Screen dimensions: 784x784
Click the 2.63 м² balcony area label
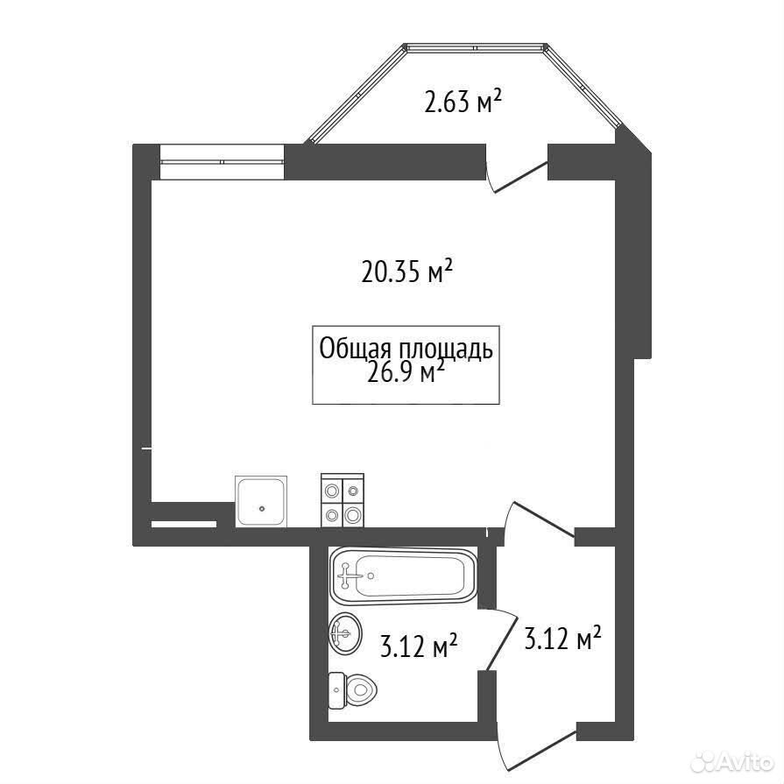tap(463, 101)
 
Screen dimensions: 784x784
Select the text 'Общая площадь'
tap(406, 349)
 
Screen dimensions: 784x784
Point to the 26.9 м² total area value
tap(406, 372)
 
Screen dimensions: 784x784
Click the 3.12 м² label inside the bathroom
tap(419, 646)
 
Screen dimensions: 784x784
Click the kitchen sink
tap(261, 501)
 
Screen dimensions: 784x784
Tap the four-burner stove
tap(343, 500)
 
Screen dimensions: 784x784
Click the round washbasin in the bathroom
tap(345, 632)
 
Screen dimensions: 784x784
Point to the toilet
tap(353, 690)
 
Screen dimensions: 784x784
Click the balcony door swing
tap(517, 172)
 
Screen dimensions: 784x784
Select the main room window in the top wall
tap(222, 161)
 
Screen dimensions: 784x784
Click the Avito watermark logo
tap(731, 762)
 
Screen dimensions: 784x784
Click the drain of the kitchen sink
tap(262, 509)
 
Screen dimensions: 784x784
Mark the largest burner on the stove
tap(353, 513)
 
